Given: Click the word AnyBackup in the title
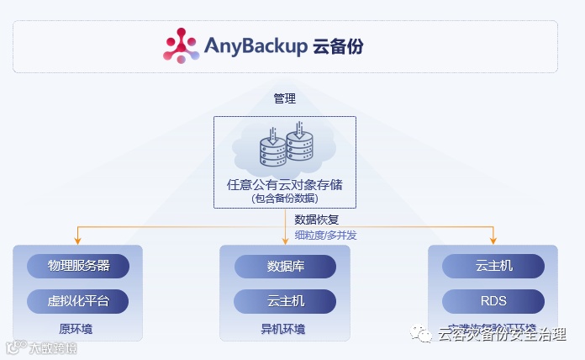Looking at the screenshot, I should point(256,45).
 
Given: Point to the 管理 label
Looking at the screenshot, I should point(285,98).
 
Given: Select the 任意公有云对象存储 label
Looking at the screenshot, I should point(285,183).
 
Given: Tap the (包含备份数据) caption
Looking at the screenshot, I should point(285,199).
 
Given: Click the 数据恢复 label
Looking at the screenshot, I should point(317,220).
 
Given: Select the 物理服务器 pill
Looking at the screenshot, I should point(78,266).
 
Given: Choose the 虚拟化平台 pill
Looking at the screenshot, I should point(78,300).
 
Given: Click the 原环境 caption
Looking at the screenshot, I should point(76,328).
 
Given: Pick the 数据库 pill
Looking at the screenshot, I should point(285,266).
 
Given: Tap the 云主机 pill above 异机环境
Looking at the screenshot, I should point(285,300).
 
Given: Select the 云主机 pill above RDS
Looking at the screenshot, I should point(493,266).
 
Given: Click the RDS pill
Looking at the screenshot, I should point(493,300).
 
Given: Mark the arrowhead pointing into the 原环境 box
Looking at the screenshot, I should point(77,241).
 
